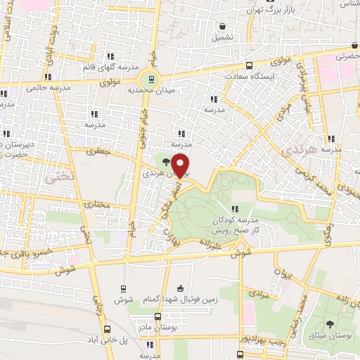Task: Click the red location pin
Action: click(181, 165)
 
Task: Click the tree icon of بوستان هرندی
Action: click(167, 162)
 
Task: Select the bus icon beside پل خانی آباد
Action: click(108, 328)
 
